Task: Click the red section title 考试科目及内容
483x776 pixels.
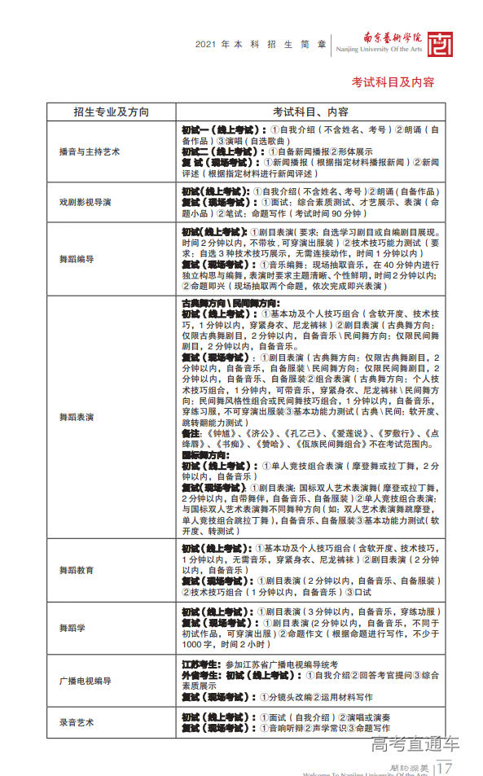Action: [x=393, y=81]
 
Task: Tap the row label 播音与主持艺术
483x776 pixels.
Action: [x=89, y=151]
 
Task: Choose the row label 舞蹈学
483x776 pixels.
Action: [x=71, y=628]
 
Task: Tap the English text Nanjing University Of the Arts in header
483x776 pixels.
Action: [x=379, y=50]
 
